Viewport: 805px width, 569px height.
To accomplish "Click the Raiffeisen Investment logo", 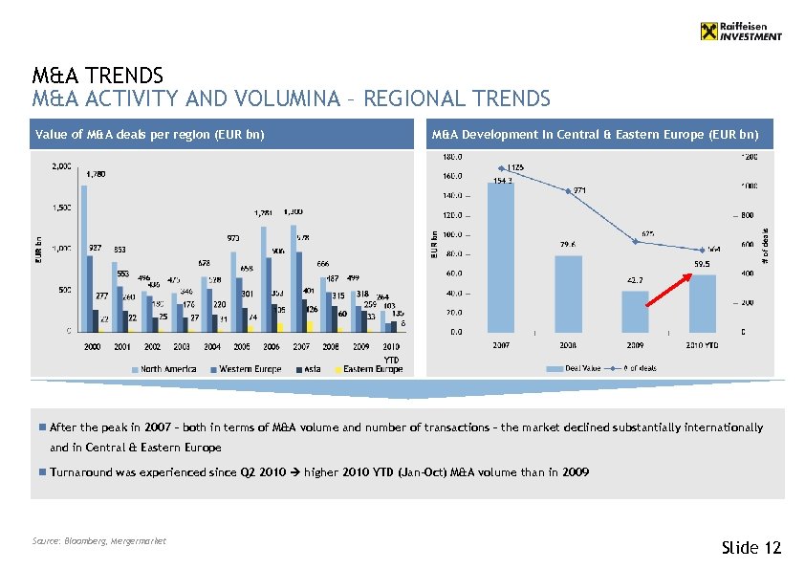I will pos(741,32).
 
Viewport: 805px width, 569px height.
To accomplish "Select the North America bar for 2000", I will pos(83,258).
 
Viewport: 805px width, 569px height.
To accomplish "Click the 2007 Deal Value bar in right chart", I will pos(500,257).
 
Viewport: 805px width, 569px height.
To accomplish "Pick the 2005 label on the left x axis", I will pos(242,346).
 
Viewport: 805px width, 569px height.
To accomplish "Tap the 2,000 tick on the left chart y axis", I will pos(59,165).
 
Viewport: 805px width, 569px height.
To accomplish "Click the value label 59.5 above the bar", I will pos(702,264).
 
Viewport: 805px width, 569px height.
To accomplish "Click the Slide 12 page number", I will pos(751,547).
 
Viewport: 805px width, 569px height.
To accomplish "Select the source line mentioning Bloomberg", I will pos(98,541).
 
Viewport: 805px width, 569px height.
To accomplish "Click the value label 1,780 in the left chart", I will pos(96,174).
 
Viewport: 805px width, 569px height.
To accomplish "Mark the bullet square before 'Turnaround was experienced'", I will pos(43,472).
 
